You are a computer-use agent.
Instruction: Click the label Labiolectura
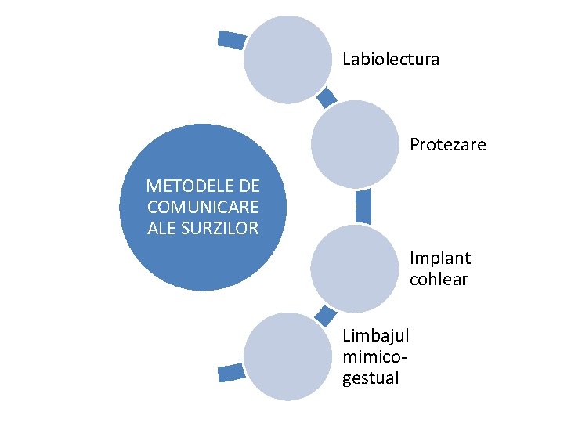pyautogui.click(x=391, y=60)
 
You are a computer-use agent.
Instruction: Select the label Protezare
pyautogui.click(x=447, y=145)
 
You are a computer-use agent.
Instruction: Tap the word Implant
pyautogui.click(x=439, y=258)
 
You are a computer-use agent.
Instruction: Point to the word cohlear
pyautogui.click(x=438, y=279)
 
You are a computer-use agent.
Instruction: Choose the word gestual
pyautogui.click(x=371, y=378)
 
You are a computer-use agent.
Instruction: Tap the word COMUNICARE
pyautogui.click(x=203, y=208)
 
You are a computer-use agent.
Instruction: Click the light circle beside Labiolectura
pyautogui.click(x=287, y=60)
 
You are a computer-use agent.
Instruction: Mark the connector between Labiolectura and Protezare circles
pyautogui.click(x=327, y=96)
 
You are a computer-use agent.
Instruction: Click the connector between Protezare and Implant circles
pyautogui.click(x=363, y=206)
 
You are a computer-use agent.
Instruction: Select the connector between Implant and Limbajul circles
pyautogui.click(x=325, y=314)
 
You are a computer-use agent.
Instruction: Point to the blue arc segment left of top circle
pyautogui.click(x=231, y=39)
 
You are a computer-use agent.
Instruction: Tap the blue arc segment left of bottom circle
pyautogui.click(x=230, y=373)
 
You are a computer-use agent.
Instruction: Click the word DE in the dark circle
pyautogui.click(x=249, y=186)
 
